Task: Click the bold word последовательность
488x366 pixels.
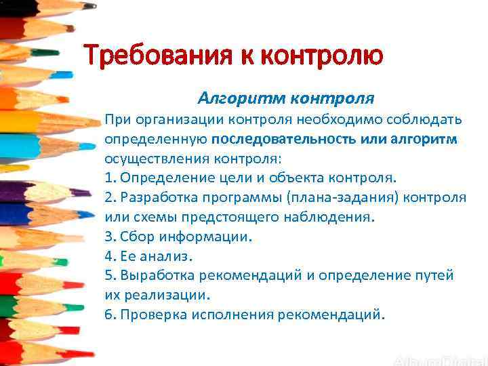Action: pos(276,140)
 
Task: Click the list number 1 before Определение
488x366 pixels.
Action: pos(108,178)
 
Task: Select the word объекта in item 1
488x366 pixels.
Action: pos(297,178)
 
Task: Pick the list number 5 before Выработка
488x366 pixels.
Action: pos(108,276)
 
